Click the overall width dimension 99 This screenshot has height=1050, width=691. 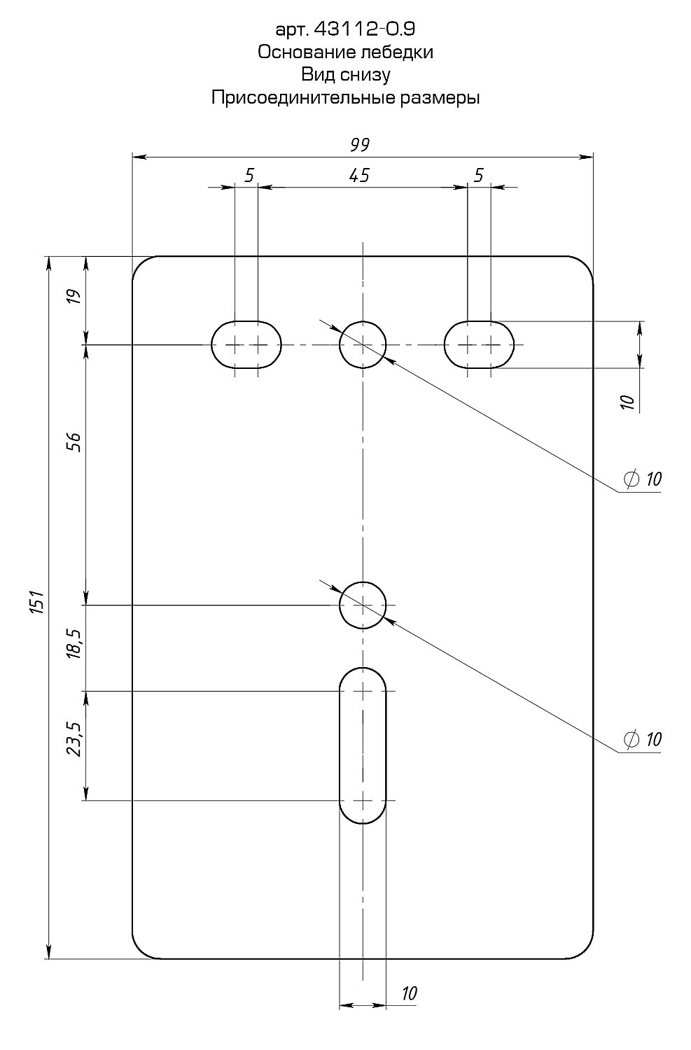point(360,145)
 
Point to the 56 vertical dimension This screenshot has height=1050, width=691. point(75,442)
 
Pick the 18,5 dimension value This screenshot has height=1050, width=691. point(75,643)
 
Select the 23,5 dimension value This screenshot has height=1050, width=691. point(75,740)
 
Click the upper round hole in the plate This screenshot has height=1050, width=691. point(363,344)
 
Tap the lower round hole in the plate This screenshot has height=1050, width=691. point(363,605)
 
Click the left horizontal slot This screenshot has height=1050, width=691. point(246,344)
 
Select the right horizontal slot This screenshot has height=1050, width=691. point(480,344)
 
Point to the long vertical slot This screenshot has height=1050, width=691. point(363,745)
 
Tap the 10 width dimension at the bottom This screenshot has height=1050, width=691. point(410,993)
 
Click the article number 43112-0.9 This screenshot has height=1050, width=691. point(360,29)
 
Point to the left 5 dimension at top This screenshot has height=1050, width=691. point(249,175)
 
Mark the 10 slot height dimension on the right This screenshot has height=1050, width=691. point(628,401)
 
